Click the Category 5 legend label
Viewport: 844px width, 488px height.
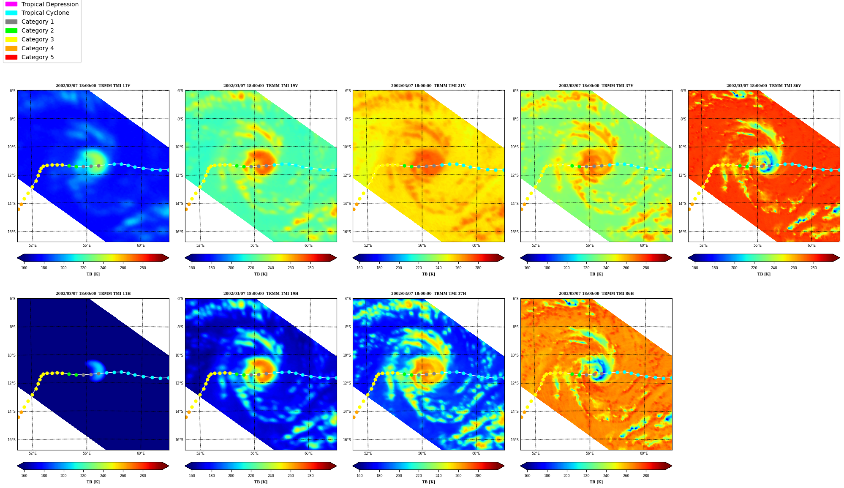(x=38, y=57)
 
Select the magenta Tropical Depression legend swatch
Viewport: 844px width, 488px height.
(x=11, y=4)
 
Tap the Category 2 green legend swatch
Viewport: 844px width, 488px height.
(x=11, y=30)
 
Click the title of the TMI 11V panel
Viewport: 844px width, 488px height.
(x=93, y=86)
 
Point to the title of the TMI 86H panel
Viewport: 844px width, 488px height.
(x=596, y=294)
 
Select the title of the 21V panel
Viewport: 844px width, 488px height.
(x=428, y=86)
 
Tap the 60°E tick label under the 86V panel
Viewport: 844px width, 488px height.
(x=811, y=245)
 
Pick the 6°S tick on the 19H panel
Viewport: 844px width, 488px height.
(x=180, y=299)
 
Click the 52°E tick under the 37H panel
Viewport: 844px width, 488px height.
(x=368, y=453)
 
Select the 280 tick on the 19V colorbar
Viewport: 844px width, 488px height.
(x=310, y=268)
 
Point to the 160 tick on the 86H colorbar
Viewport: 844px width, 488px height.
(x=527, y=476)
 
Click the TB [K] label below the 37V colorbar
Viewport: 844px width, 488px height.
(x=596, y=274)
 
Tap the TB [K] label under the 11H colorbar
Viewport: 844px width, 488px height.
(x=93, y=482)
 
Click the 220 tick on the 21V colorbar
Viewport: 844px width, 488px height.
(x=419, y=268)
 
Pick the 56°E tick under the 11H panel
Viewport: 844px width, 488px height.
(x=87, y=453)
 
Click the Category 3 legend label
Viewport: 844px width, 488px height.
(x=38, y=39)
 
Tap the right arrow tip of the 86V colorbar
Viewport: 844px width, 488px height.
(x=839, y=258)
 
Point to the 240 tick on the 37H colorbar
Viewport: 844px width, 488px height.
(x=438, y=476)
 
